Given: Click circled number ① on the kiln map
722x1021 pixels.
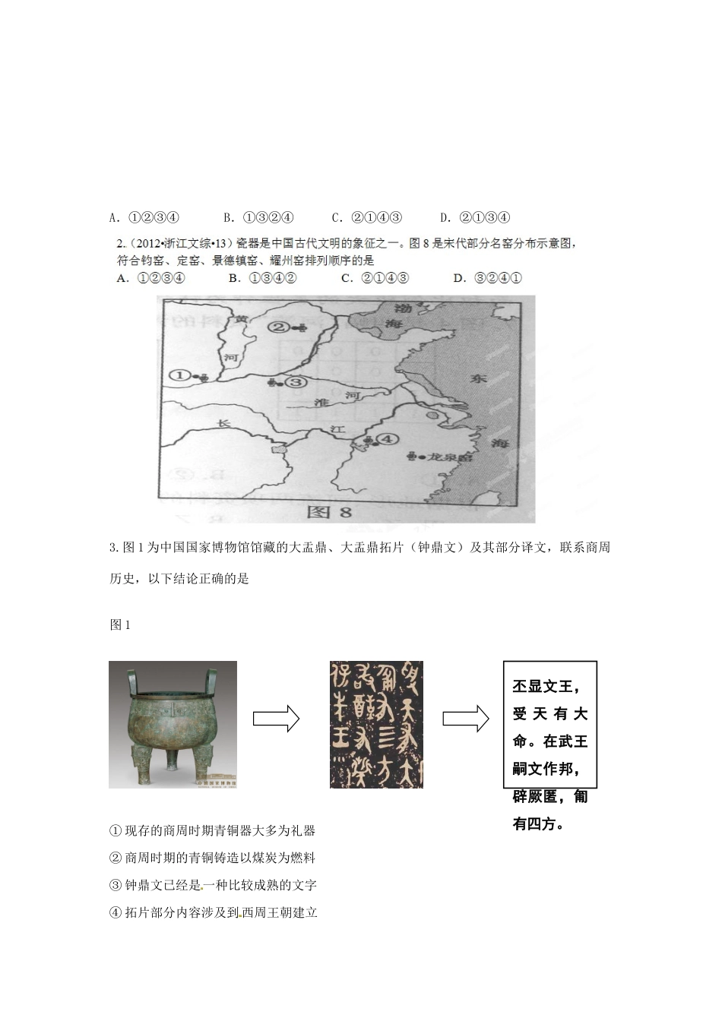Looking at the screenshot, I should pyautogui.click(x=179, y=375).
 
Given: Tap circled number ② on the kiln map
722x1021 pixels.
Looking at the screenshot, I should pyautogui.click(x=279, y=327).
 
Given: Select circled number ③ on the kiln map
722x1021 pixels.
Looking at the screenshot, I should pyautogui.click(x=296, y=382).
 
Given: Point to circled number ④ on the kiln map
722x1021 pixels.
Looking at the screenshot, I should pyautogui.click(x=388, y=439).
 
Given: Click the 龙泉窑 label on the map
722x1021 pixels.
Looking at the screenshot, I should pyautogui.click(x=450, y=457).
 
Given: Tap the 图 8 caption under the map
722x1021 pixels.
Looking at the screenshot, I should pyautogui.click(x=329, y=512).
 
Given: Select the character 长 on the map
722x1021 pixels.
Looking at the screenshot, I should pyautogui.click(x=222, y=423).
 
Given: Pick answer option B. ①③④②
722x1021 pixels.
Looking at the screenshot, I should pyautogui.click(x=262, y=278).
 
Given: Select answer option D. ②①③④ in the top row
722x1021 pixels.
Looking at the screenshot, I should pyautogui.click(x=475, y=218).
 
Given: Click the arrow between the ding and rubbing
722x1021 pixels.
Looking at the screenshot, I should pyautogui.click(x=276, y=718).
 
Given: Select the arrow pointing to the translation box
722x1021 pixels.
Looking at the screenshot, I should pyautogui.click(x=465, y=718).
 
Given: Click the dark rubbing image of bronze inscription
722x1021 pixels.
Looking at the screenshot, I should pyautogui.click(x=376, y=724).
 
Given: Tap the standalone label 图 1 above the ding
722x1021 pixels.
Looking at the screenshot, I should pyautogui.click(x=120, y=624).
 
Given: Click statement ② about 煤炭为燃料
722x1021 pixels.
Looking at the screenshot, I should pyautogui.click(x=212, y=858).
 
